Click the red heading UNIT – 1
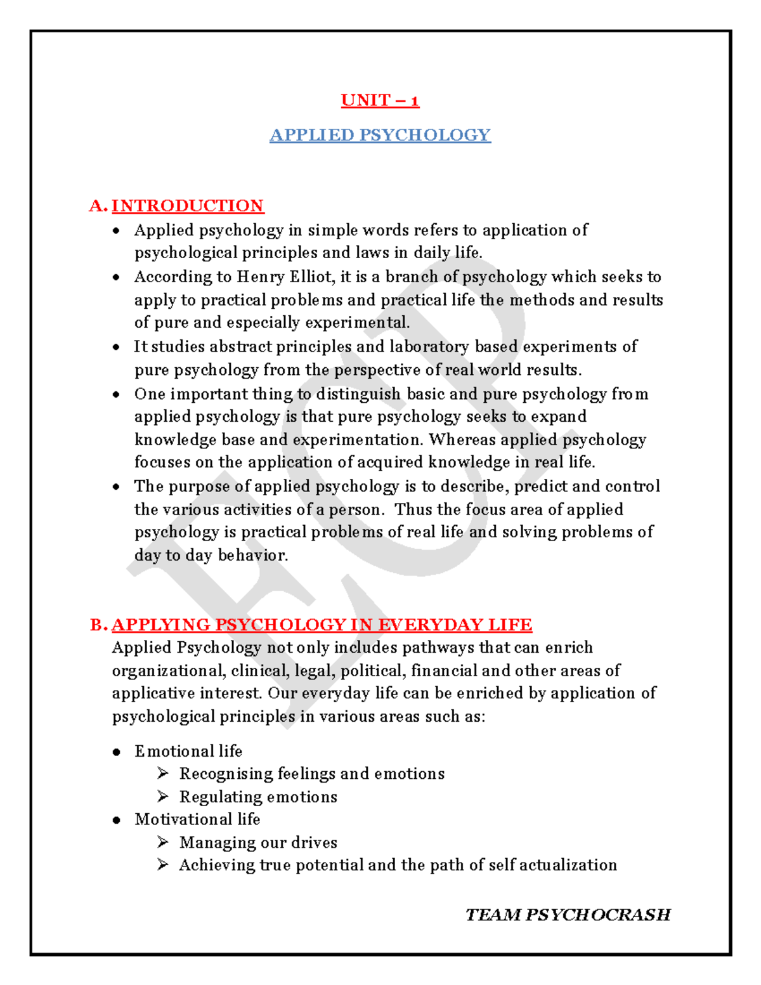click(x=380, y=100)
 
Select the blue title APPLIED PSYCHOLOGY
click(x=380, y=135)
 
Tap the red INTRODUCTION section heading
click(x=188, y=205)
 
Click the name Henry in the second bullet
click(x=261, y=277)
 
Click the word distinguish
click(x=358, y=394)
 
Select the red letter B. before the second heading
click(x=99, y=625)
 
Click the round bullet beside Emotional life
click(x=116, y=752)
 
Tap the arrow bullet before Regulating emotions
click(x=163, y=796)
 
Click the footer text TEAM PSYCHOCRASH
click(x=568, y=915)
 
